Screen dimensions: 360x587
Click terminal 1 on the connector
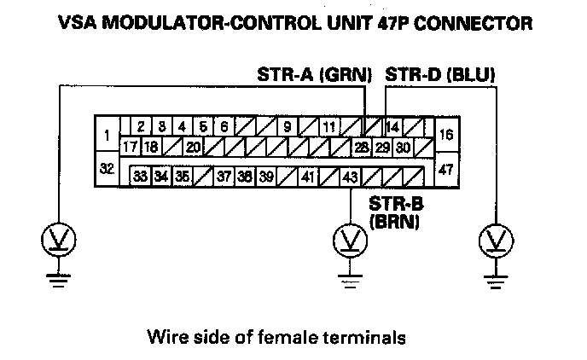pyautogui.click(x=107, y=135)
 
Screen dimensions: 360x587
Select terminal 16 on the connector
pyautogui.click(x=445, y=135)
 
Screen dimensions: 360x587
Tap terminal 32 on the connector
pyautogui.click(x=107, y=168)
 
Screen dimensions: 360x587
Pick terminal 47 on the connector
pyautogui.click(x=445, y=168)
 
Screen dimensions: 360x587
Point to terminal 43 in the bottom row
pyautogui.click(x=350, y=177)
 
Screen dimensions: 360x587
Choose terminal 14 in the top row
pyautogui.click(x=392, y=127)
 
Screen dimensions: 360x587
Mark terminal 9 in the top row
pyautogui.click(x=288, y=127)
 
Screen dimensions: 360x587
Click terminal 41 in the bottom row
pyautogui.click(x=309, y=177)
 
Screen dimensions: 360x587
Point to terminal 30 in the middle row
pyautogui.click(x=403, y=147)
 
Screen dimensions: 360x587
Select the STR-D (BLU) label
pyautogui.click(x=440, y=76)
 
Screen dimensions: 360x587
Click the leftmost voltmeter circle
pyautogui.click(x=57, y=241)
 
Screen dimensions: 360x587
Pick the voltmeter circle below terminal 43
pyautogui.click(x=348, y=241)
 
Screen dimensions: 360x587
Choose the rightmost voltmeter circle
pyautogui.click(x=492, y=241)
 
